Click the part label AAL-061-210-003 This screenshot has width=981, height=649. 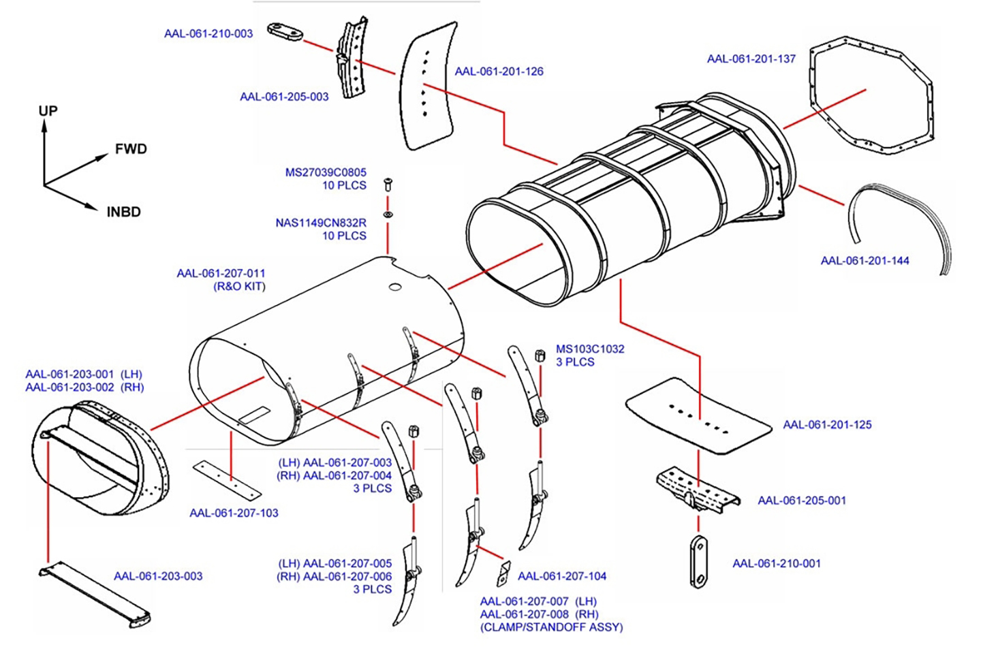tap(208, 33)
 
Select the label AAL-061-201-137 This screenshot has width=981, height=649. tap(751, 59)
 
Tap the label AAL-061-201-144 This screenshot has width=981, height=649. tap(865, 260)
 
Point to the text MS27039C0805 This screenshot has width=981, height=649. tap(325, 172)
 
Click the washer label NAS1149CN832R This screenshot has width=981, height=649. tap(320, 223)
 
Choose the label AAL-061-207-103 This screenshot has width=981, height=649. tap(234, 513)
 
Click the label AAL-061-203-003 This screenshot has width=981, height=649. tap(158, 576)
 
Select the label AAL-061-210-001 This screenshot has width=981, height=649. tap(776, 563)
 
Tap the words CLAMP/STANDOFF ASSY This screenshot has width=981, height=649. tap(551, 627)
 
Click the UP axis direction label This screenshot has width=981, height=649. tap(48, 111)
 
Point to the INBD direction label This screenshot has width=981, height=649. tap(123, 212)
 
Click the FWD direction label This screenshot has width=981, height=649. tap(131, 149)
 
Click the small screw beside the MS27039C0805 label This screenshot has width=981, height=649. tap(388, 184)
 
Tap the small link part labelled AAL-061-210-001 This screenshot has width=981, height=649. tap(698, 562)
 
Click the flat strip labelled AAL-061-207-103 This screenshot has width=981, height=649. tap(227, 479)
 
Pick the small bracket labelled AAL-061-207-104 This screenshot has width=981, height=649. tap(503, 573)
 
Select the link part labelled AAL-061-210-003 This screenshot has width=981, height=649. tap(284, 31)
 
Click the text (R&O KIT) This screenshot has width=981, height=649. tap(239, 287)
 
